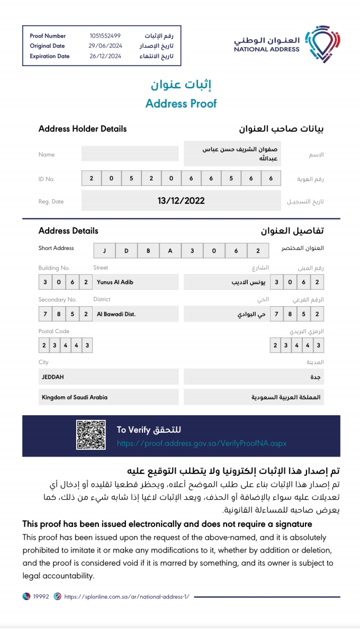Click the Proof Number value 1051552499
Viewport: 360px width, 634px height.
tap(105, 36)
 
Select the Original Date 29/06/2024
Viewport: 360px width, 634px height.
tap(105, 46)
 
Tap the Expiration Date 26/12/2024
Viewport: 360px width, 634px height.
tap(105, 56)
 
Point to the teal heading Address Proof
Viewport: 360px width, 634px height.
tap(181, 103)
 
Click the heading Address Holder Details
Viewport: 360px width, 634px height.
tap(83, 129)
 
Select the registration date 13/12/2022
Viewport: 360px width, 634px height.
tap(181, 201)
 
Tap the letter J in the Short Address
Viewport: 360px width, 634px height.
tap(105, 251)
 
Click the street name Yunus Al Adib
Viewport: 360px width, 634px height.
tap(115, 282)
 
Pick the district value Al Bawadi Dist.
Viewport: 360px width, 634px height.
tap(116, 314)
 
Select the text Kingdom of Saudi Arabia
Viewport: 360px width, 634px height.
tap(75, 397)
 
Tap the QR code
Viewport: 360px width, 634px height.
tap(91, 435)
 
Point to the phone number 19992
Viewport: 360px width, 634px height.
tap(41, 596)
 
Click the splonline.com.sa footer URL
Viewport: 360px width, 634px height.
tap(127, 596)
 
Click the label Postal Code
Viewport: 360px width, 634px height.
tap(54, 332)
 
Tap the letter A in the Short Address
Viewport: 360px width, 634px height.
tap(170, 251)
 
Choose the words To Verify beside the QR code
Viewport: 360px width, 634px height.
tap(133, 430)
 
